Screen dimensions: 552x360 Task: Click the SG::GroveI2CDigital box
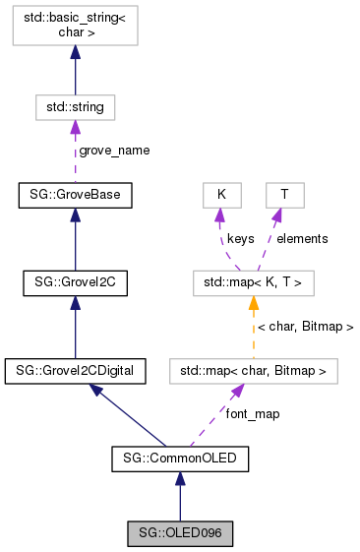75,371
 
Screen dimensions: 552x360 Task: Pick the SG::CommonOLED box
179,458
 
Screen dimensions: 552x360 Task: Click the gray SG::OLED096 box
179,534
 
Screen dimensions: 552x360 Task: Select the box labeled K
222,195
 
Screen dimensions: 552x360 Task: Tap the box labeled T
283,195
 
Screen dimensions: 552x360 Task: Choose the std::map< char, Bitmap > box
253,371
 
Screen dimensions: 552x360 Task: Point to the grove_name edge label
115,151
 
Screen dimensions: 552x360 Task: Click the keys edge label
242,238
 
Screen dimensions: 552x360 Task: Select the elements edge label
302,238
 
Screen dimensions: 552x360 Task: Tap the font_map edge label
253,414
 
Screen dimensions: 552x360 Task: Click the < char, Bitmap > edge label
305,326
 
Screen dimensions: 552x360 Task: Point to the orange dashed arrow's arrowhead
253,303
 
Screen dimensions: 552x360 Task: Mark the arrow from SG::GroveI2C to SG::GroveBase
75,239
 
